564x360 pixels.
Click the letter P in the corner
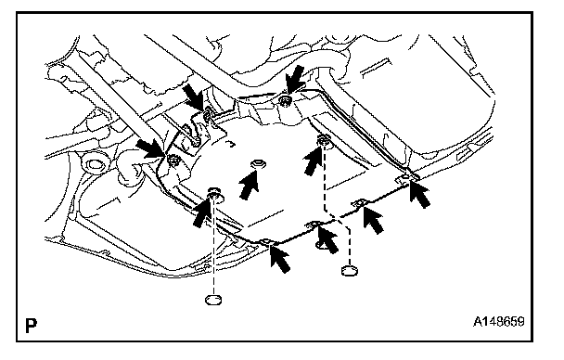coord(31,326)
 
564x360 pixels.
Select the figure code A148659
coord(498,321)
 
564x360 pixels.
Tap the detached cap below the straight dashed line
coord(213,299)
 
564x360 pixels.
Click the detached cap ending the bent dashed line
coord(349,270)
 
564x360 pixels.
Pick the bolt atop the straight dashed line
coord(214,195)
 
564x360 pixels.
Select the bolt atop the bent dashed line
coord(324,140)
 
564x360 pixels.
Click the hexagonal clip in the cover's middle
coord(258,165)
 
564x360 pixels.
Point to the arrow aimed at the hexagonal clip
coord(250,185)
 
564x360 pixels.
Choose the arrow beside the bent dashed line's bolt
coord(313,161)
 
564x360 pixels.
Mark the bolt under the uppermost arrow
coord(286,100)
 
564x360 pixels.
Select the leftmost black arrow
coord(150,149)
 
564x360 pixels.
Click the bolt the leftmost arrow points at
coord(173,160)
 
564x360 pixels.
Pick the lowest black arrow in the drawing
coord(280,258)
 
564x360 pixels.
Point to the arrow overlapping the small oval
coord(328,239)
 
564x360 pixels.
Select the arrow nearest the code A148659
coord(420,194)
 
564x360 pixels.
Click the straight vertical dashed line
coord(213,247)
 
